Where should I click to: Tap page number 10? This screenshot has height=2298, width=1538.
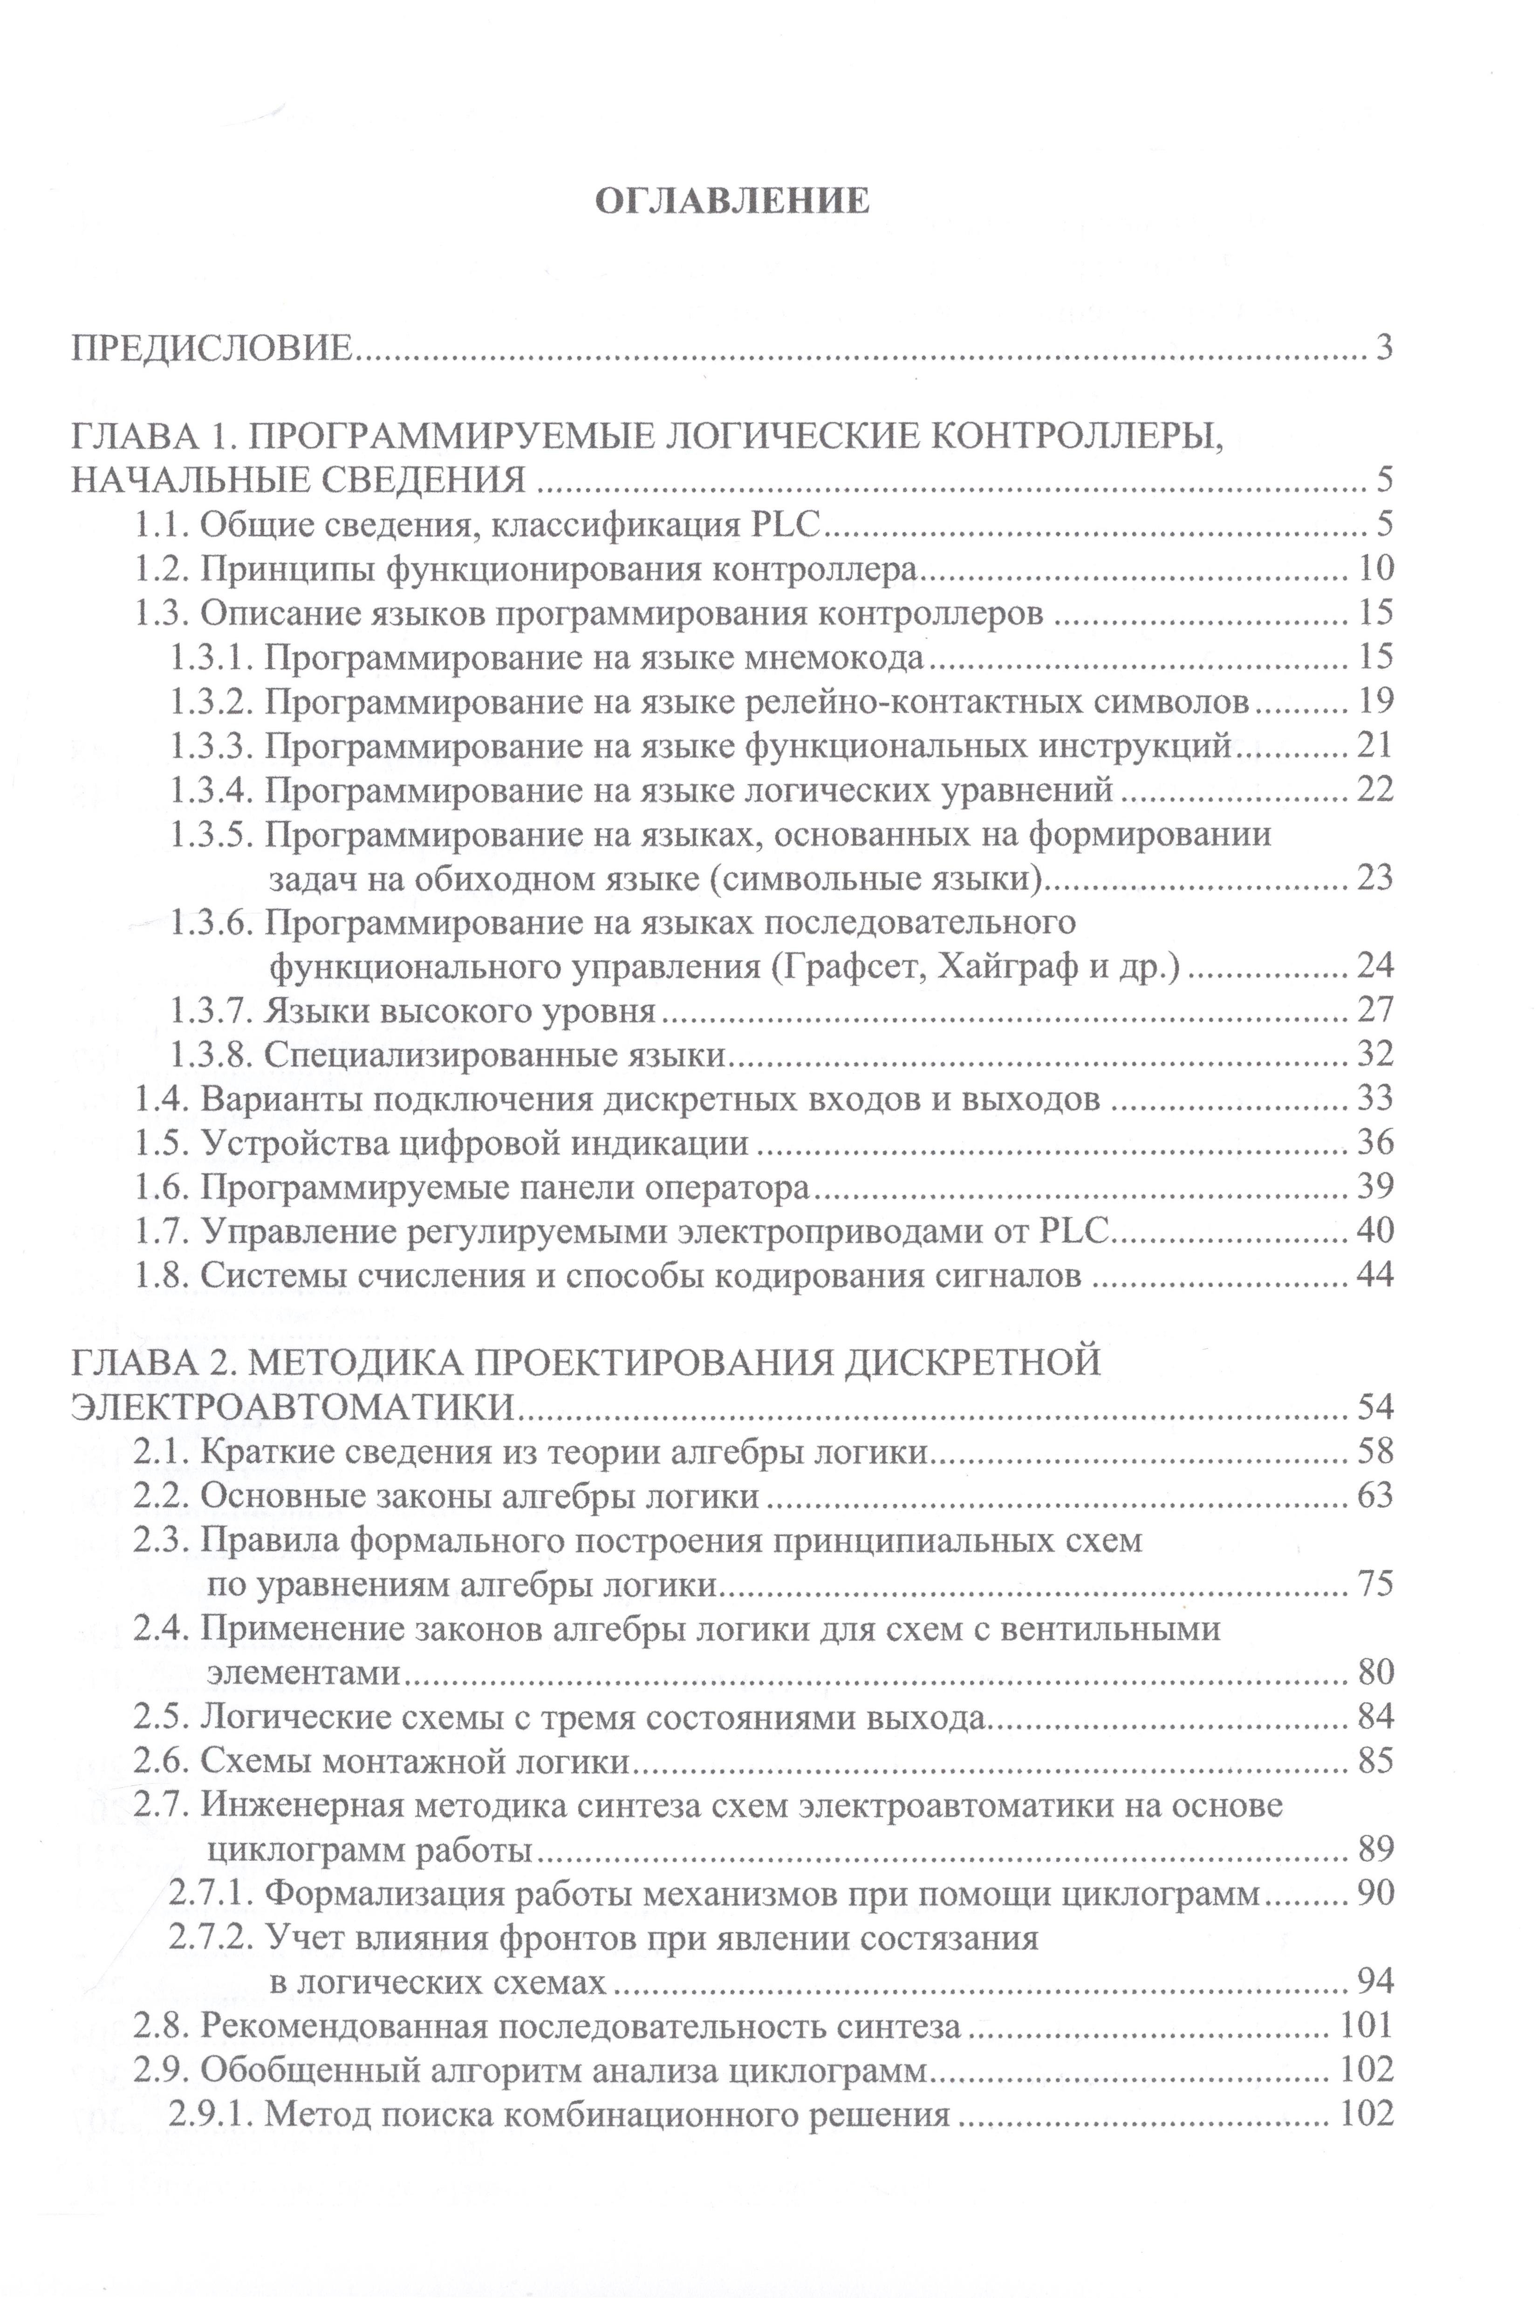click(1375, 569)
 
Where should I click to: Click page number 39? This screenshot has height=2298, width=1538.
click(1375, 1187)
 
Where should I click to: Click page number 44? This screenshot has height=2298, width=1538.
click(1375, 1275)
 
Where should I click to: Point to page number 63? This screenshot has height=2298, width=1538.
click(1375, 1495)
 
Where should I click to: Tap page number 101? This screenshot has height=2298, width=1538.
click(1367, 2025)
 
